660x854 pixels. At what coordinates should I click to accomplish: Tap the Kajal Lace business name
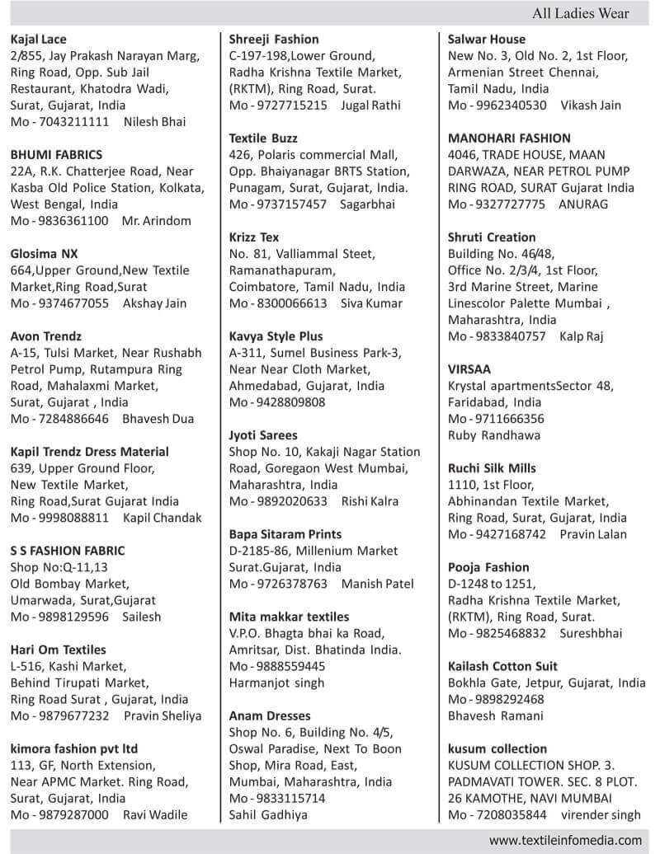(x=39, y=40)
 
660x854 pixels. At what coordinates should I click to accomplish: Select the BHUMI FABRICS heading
(x=56, y=155)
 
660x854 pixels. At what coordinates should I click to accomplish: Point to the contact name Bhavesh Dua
(x=158, y=419)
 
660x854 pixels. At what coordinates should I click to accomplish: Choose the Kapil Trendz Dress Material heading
(x=89, y=452)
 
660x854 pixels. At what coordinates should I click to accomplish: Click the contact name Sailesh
(x=142, y=617)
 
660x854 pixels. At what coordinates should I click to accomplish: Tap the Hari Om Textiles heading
(x=59, y=650)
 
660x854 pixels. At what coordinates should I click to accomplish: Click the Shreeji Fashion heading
(x=274, y=40)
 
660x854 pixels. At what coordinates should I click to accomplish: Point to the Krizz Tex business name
(x=254, y=237)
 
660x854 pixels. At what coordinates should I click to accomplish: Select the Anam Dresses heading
(x=268, y=716)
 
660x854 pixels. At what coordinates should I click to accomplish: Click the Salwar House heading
(x=486, y=40)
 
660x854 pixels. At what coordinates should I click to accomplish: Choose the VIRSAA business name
(x=470, y=369)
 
